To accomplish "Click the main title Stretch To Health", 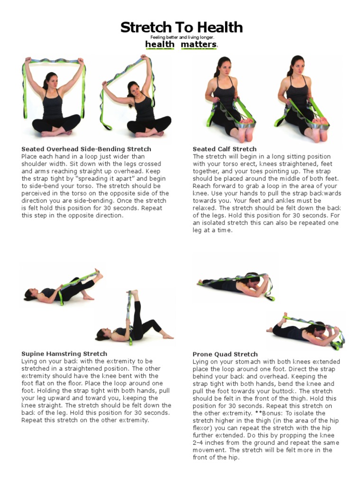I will (182, 28).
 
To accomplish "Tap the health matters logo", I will (182, 45).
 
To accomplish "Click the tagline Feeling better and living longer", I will (182, 37).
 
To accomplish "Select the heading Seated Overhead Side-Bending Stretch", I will (86, 149).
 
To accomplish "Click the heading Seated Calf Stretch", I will (224, 149).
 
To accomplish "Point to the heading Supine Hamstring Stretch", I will (64, 354).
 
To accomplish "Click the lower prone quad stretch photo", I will (306, 330).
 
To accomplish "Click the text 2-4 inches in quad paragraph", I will (207, 443).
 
